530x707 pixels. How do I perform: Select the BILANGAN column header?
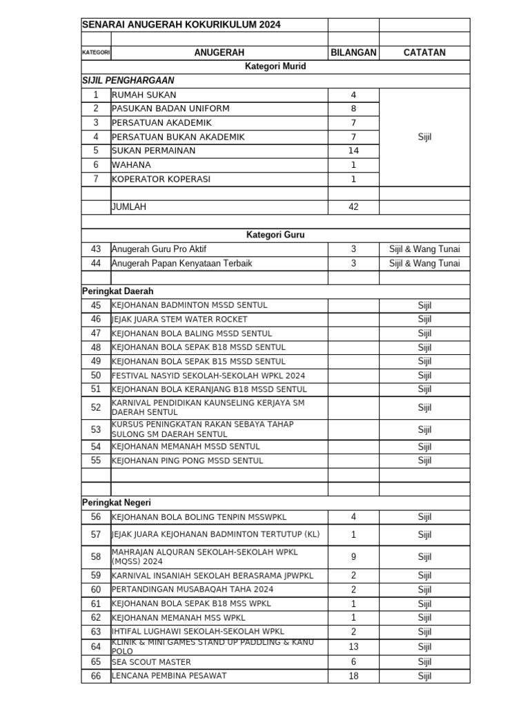coord(353,52)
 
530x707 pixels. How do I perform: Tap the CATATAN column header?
coord(424,52)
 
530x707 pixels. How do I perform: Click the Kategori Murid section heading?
coord(275,67)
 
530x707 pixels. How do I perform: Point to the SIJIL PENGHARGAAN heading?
coord(128,81)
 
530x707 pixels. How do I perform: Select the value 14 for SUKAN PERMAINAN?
coord(353,151)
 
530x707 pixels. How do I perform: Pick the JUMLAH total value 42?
coord(353,207)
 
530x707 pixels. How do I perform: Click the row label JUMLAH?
coord(129,207)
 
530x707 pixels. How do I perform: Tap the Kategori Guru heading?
coord(275,235)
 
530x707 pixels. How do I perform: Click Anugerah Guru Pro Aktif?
coord(159,249)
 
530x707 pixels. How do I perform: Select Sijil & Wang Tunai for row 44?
coord(424,263)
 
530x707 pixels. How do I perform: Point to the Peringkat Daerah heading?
coord(117,291)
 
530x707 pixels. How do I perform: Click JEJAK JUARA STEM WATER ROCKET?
coord(179,320)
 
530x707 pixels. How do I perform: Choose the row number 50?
coord(96,376)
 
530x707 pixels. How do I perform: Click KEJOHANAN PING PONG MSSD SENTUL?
coord(187,461)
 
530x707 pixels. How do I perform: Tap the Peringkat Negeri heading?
coord(116,503)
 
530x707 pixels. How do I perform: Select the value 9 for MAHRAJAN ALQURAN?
coord(353,556)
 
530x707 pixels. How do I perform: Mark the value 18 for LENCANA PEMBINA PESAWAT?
coord(353,676)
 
